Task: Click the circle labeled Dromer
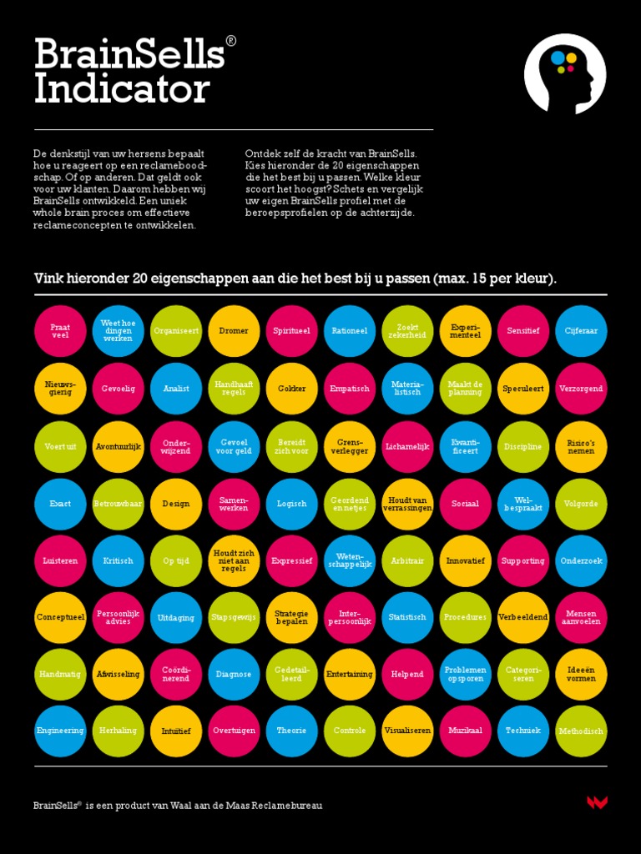234,331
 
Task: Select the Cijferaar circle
581,331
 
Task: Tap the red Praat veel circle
60,331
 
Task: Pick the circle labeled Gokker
291,389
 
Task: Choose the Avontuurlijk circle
118,446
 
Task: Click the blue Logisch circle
291,504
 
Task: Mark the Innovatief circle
465,561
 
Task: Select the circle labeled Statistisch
407,618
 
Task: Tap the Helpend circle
407,674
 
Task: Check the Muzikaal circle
465,731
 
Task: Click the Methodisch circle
581,731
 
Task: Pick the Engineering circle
60,731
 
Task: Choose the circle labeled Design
175,504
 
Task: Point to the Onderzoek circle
581,561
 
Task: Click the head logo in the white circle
565,74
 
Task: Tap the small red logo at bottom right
597,802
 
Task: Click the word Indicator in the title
122,89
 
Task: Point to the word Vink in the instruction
48,279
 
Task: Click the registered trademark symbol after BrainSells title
231,41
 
